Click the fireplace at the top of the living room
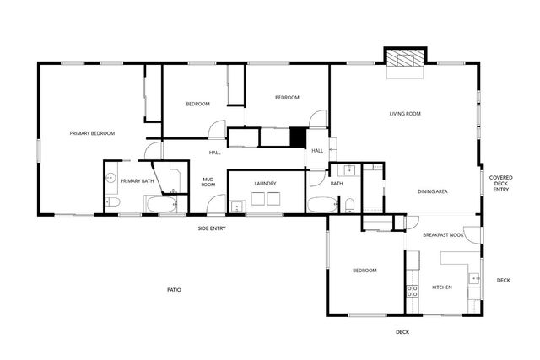tap(402, 57)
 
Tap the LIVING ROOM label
tap(405, 114)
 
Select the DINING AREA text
tap(432, 191)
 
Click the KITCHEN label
tap(442, 287)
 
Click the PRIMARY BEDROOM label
tap(92, 133)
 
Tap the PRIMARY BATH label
tap(137, 180)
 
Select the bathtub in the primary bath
tap(160, 204)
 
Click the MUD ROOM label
tap(208, 181)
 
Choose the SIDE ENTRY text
tap(212, 228)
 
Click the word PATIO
tap(174, 290)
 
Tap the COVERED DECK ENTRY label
tap(501, 184)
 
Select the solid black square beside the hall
tap(297, 137)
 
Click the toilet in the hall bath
tap(348, 204)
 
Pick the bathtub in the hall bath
tap(321, 205)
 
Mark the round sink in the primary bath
tap(111, 180)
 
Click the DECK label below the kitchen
tap(402, 332)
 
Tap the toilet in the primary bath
tap(112, 203)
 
